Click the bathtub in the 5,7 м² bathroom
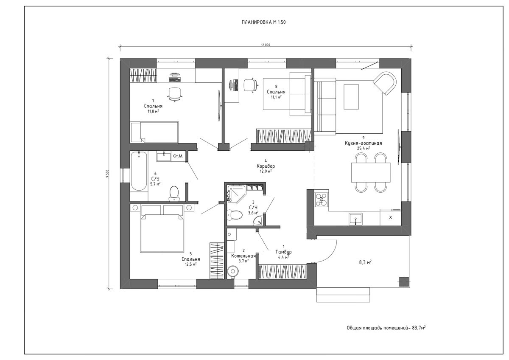click(x=138, y=171)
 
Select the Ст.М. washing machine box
click(x=178, y=157)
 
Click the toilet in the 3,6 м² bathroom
click(x=234, y=215)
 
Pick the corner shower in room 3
click(x=234, y=193)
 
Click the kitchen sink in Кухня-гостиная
click(x=355, y=218)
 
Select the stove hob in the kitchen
click(x=321, y=199)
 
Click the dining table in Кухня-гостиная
click(x=370, y=172)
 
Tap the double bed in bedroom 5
click(x=162, y=233)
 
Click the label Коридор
click(x=266, y=166)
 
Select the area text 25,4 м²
click(x=364, y=149)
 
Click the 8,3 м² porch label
click(x=365, y=263)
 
